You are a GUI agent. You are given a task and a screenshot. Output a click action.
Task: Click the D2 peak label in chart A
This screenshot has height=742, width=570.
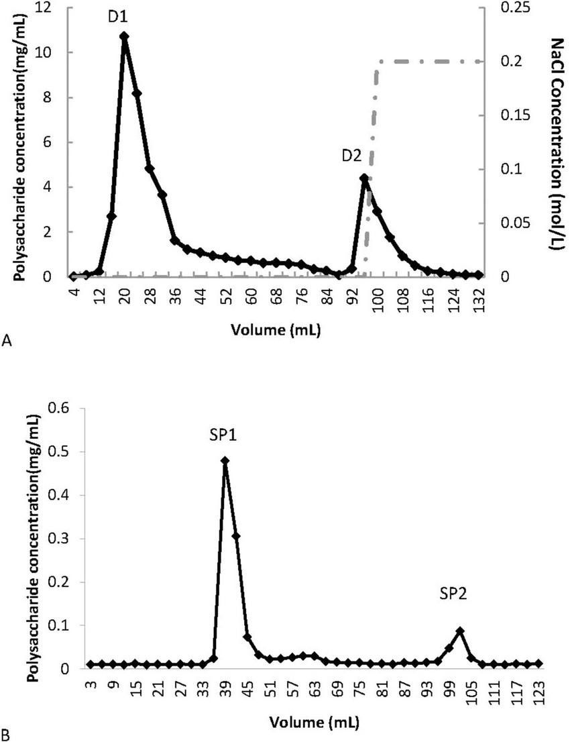coord(351,156)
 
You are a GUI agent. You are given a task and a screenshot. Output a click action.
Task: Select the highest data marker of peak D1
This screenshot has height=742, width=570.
coord(124,36)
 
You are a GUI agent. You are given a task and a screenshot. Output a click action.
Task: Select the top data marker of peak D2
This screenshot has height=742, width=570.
coord(364,178)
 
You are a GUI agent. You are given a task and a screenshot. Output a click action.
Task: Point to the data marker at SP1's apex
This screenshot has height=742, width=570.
coord(225,461)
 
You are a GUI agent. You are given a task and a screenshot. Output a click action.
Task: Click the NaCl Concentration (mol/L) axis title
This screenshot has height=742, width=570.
coord(556,143)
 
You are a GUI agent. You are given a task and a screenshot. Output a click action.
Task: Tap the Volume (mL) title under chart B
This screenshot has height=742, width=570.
coord(312,723)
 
